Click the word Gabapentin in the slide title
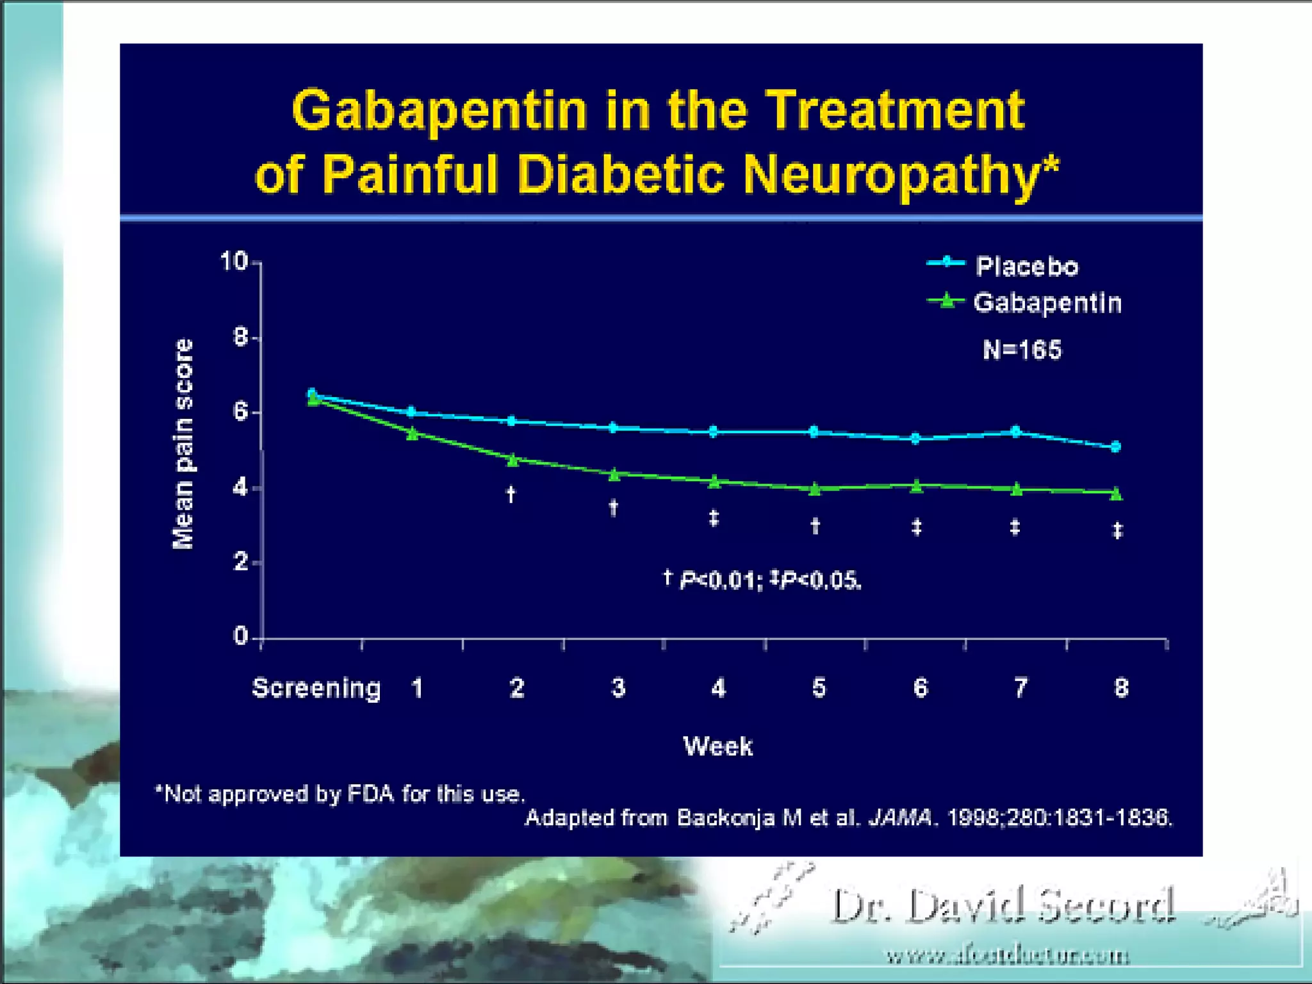(x=439, y=110)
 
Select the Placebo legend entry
(x=1026, y=266)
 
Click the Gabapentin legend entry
(x=1047, y=302)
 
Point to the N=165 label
(x=1022, y=350)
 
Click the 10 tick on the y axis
(x=234, y=261)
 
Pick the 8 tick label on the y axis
(x=241, y=337)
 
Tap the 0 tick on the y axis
(x=241, y=636)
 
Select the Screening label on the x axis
(x=316, y=688)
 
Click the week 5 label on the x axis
(x=819, y=688)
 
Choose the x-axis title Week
(x=717, y=746)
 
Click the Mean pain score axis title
(x=183, y=444)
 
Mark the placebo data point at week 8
(x=1115, y=447)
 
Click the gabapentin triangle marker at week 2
(x=512, y=459)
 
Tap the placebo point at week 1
(x=411, y=412)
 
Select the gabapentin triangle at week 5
(x=815, y=489)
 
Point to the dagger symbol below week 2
(x=511, y=494)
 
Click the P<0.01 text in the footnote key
(x=717, y=580)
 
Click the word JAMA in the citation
(x=899, y=818)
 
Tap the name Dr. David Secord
(x=1003, y=906)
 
